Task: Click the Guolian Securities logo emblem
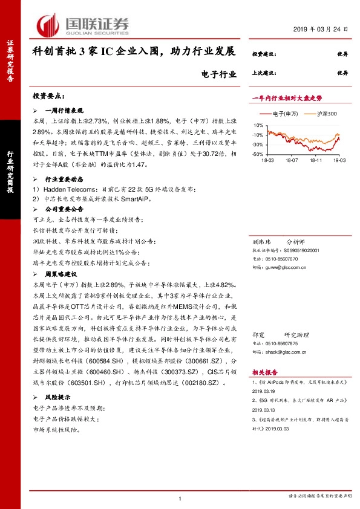click(x=49, y=25)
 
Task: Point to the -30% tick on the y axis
click(x=257, y=144)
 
